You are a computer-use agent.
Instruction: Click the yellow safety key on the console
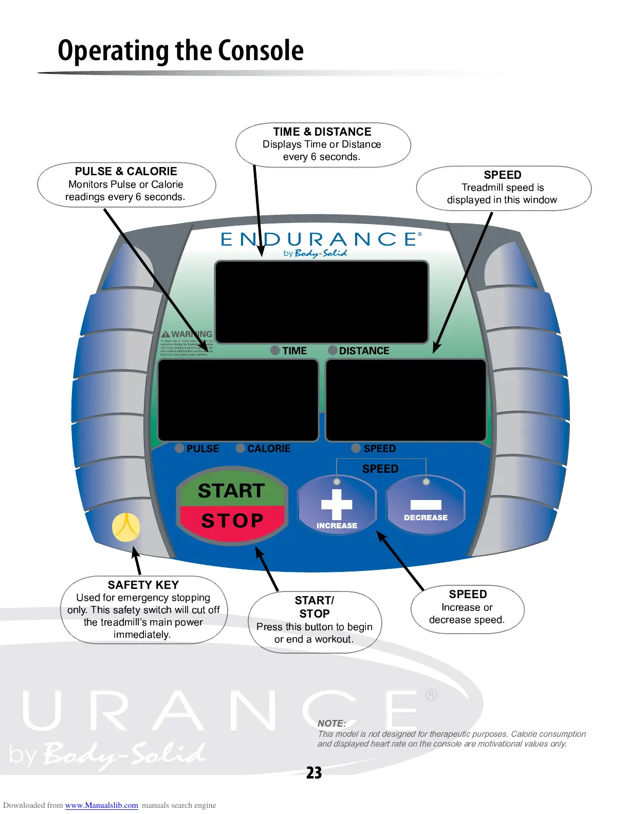coord(126,527)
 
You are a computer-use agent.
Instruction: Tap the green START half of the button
coord(231,491)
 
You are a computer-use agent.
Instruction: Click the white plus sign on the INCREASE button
coord(337,504)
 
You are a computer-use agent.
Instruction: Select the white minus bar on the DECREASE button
coord(425,505)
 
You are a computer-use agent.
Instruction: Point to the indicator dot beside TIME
coord(275,350)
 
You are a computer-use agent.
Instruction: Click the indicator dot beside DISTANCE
coord(333,350)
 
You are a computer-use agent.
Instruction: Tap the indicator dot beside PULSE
coord(179,448)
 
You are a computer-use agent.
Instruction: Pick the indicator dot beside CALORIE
coord(240,448)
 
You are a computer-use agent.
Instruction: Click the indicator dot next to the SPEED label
coord(356,448)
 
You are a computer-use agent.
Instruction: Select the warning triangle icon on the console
coord(165,334)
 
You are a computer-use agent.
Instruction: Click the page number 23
coord(314,773)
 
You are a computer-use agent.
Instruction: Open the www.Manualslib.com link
coord(101,805)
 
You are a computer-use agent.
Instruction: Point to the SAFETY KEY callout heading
coord(143,585)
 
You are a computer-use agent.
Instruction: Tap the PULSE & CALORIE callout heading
coord(126,171)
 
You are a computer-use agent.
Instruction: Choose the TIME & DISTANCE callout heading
coord(322,132)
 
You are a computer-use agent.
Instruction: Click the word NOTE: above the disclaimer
coord(331,723)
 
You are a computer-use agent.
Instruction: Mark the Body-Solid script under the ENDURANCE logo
coord(321,253)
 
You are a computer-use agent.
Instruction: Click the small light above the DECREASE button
coord(426,482)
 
